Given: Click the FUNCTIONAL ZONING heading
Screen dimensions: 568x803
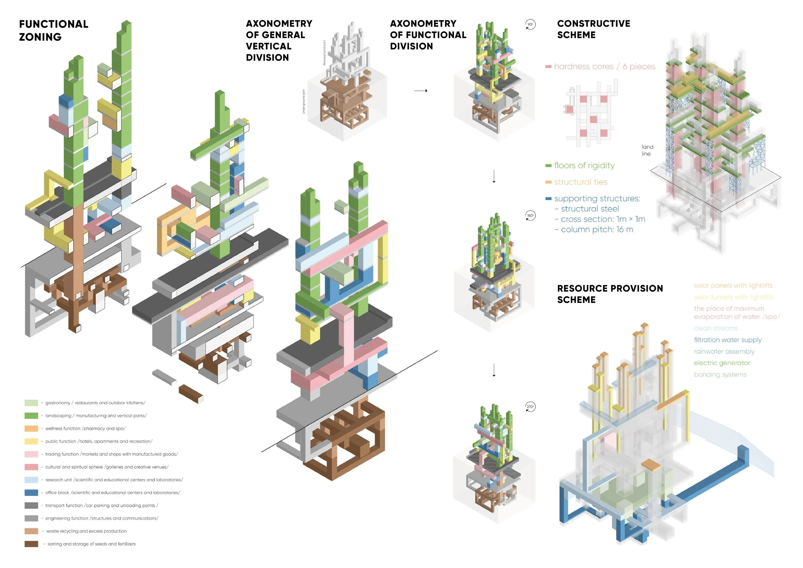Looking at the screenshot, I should pyautogui.click(x=54, y=31).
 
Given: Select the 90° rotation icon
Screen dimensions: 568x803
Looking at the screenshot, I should pyautogui.click(x=530, y=24).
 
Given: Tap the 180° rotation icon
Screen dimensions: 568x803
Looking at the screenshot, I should pyautogui.click(x=530, y=216).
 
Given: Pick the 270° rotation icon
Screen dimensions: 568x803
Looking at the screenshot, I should pyautogui.click(x=530, y=407).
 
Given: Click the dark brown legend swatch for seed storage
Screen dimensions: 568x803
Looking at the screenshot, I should pyautogui.click(x=31, y=544).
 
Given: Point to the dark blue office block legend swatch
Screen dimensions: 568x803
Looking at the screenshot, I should pyautogui.click(x=31, y=493).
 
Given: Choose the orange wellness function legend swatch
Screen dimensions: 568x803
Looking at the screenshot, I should pyautogui.click(x=31, y=429).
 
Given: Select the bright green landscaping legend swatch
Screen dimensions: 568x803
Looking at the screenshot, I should pyautogui.click(x=31, y=415).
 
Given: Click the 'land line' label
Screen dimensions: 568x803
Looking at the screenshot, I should pyautogui.click(x=647, y=150).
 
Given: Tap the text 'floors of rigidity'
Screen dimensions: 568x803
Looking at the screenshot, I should pyautogui.click(x=584, y=165).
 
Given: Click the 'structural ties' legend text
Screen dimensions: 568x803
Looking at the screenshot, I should pyautogui.click(x=580, y=182).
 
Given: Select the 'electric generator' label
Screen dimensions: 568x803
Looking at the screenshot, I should pyautogui.click(x=722, y=363).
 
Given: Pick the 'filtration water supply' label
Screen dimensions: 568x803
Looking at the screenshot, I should pyautogui.click(x=728, y=340).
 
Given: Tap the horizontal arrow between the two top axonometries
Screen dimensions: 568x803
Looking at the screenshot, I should pyautogui.click(x=421, y=91).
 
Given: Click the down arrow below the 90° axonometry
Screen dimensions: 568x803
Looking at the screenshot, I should pyautogui.click(x=494, y=176).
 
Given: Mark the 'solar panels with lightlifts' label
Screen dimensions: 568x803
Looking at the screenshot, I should pyautogui.click(x=733, y=285).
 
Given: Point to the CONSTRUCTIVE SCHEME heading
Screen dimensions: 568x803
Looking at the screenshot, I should pyautogui.click(x=594, y=29).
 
